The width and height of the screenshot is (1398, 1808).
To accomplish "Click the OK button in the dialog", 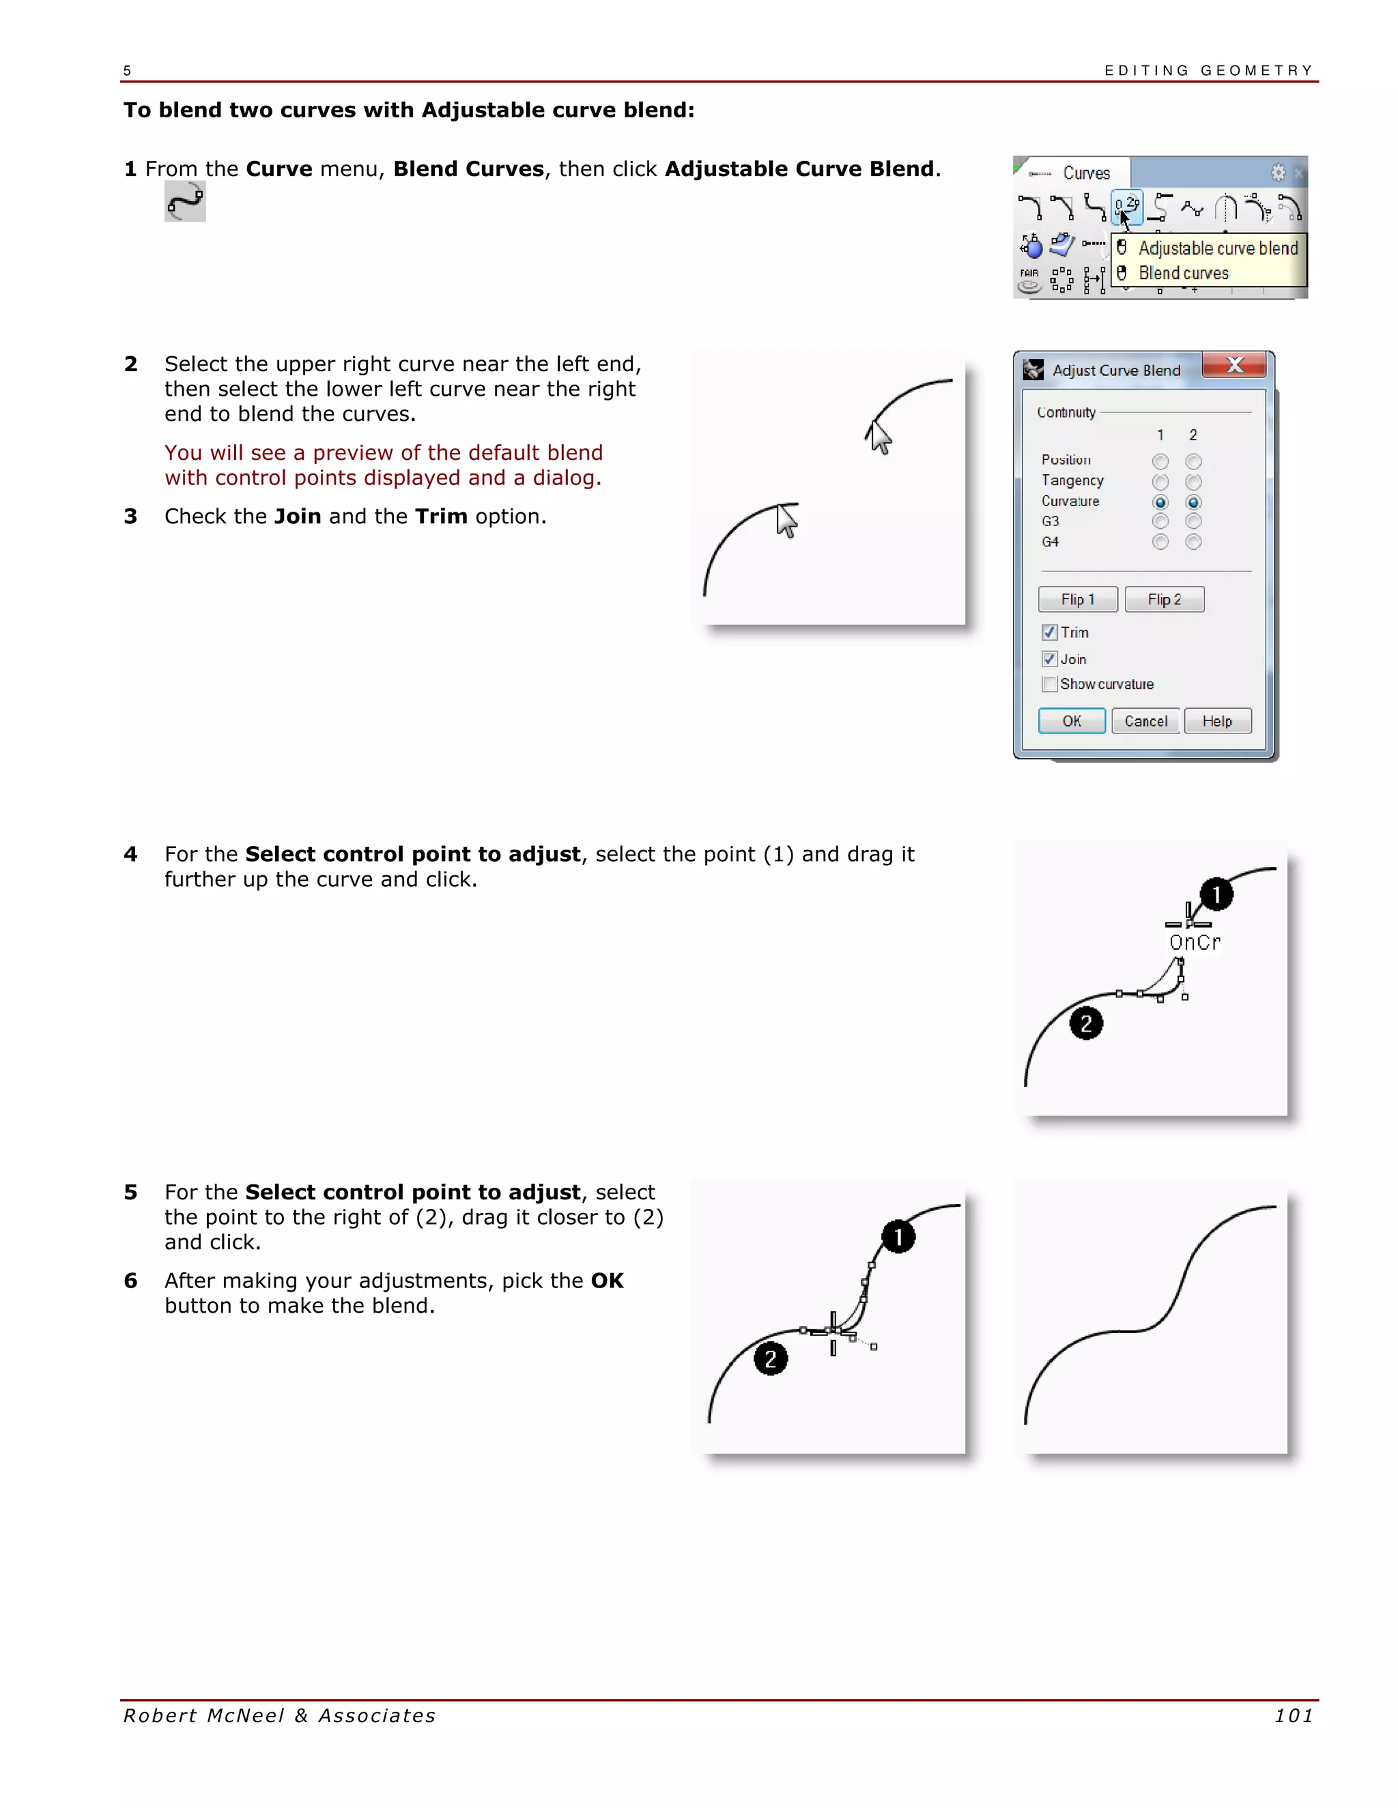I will click(1071, 721).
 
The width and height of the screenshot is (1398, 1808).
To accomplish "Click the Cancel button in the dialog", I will click(1145, 721).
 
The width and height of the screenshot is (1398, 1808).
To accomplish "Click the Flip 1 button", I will click(1077, 599).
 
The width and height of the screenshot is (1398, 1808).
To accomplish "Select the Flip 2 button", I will click(1164, 599).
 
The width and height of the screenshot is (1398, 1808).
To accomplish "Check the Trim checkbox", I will click(1049, 632).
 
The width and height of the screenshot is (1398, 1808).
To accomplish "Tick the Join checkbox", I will click(1049, 659).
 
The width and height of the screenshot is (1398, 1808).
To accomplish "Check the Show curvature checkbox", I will click(1049, 684).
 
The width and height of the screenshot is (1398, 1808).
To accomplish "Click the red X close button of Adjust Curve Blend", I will click(1234, 365).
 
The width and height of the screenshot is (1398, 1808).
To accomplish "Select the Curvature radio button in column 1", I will click(1160, 503).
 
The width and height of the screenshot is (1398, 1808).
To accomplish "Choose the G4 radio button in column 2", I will click(1193, 542).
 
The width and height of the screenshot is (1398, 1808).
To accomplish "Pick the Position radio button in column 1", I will click(1160, 461).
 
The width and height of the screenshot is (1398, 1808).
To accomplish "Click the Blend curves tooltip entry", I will click(1183, 273).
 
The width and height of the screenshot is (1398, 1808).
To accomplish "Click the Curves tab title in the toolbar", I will click(1086, 173).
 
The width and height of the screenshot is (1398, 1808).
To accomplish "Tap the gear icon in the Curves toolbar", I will click(1278, 172).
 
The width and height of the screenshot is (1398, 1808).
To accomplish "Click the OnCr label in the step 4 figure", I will click(1195, 942).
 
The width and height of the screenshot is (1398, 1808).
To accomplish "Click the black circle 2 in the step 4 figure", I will click(1086, 1023).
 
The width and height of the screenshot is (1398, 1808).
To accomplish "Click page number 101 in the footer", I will click(1293, 1716).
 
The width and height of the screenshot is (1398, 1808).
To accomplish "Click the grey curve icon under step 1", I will click(185, 202).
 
